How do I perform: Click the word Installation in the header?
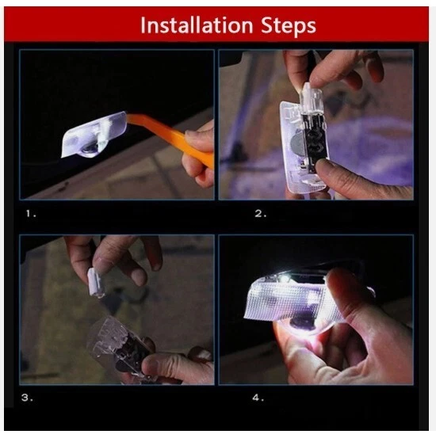point(197,25)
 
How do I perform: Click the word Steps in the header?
point(289,27)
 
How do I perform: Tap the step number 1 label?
point(31,214)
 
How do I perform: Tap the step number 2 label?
point(260,214)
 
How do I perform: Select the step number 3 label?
point(27,398)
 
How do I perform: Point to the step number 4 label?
point(258,398)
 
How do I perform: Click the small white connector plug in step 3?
point(96,283)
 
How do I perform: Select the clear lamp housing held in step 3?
point(117,345)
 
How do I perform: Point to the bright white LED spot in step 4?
point(285,278)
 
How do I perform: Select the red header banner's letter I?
point(143,25)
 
